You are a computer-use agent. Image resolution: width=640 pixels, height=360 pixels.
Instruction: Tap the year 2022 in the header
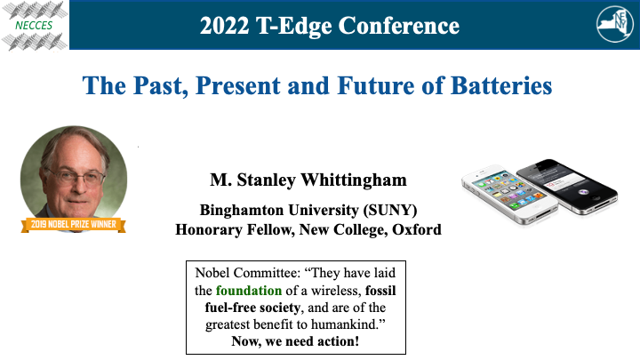(226, 25)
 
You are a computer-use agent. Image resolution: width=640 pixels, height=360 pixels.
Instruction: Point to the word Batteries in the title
(498, 87)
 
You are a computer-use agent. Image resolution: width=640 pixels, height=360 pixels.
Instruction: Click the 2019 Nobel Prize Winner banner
(72, 224)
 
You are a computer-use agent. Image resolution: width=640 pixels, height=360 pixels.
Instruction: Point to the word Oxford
(417, 229)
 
